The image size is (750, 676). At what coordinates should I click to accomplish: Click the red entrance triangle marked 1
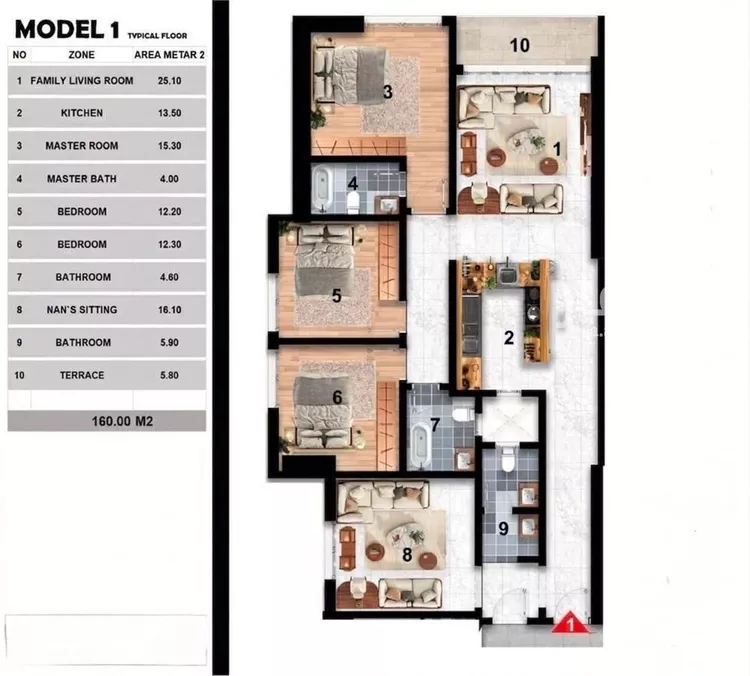pyautogui.click(x=570, y=623)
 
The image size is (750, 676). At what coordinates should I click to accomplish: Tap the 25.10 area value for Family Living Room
pyautogui.click(x=169, y=81)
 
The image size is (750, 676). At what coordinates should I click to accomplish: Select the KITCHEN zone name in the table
pyautogui.click(x=82, y=113)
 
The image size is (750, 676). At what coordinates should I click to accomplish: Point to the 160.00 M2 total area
pyautogui.click(x=122, y=421)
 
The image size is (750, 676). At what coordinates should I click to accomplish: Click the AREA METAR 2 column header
pyautogui.click(x=169, y=55)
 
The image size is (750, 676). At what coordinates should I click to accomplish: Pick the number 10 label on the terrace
pyautogui.click(x=519, y=45)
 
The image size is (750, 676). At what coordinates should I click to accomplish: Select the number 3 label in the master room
pyautogui.click(x=387, y=92)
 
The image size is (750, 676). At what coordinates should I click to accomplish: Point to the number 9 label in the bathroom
pyautogui.click(x=503, y=529)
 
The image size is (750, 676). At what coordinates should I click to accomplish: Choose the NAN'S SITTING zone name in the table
pyautogui.click(x=82, y=310)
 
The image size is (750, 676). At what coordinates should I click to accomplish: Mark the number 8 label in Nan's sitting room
pyautogui.click(x=407, y=555)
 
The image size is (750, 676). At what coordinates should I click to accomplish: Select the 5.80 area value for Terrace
pyautogui.click(x=169, y=376)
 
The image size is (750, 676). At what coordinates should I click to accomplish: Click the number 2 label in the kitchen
pyautogui.click(x=509, y=338)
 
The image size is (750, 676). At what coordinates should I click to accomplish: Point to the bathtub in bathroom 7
pyautogui.click(x=420, y=444)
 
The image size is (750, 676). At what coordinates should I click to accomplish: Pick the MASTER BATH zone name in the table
pyautogui.click(x=82, y=179)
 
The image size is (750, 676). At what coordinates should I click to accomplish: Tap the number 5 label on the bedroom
pyautogui.click(x=337, y=296)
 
